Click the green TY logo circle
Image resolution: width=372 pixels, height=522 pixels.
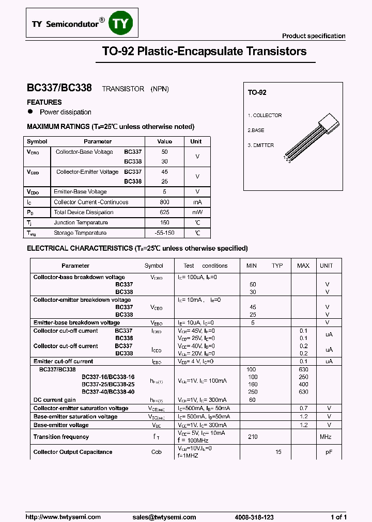click(x=123, y=24)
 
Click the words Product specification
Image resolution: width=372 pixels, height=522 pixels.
click(x=313, y=36)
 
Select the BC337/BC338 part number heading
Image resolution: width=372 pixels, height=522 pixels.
click(x=59, y=88)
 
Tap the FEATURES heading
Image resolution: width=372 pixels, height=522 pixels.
click(x=44, y=102)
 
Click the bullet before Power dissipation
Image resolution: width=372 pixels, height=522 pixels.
click(x=30, y=111)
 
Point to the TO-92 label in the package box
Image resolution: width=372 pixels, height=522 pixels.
click(x=257, y=93)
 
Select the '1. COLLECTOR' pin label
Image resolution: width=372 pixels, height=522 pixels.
click(x=265, y=116)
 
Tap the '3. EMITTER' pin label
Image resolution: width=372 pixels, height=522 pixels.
click(x=260, y=145)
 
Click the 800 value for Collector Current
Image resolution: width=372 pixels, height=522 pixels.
click(x=164, y=202)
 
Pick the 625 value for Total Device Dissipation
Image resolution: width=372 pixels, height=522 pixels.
click(x=164, y=213)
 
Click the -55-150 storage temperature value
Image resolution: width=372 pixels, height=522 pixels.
click(x=164, y=233)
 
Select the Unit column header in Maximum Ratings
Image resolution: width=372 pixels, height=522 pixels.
click(x=196, y=141)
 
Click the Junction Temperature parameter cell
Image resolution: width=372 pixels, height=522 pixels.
click(x=81, y=223)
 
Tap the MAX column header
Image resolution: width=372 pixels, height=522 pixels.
click(x=303, y=266)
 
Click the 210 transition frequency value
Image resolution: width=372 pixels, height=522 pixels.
click(x=253, y=437)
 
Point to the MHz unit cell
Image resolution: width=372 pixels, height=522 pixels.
click(x=326, y=437)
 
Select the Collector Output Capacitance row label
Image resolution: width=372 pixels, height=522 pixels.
click(x=73, y=452)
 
